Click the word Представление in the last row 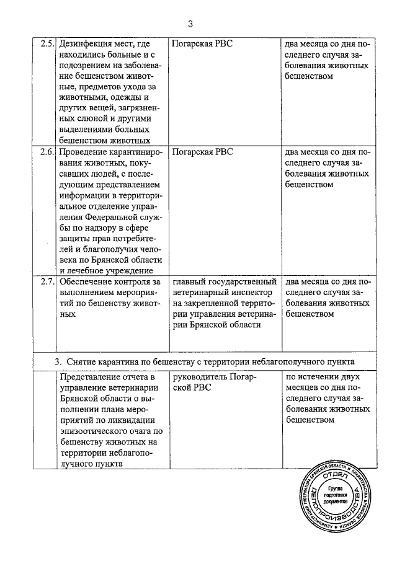91,378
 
